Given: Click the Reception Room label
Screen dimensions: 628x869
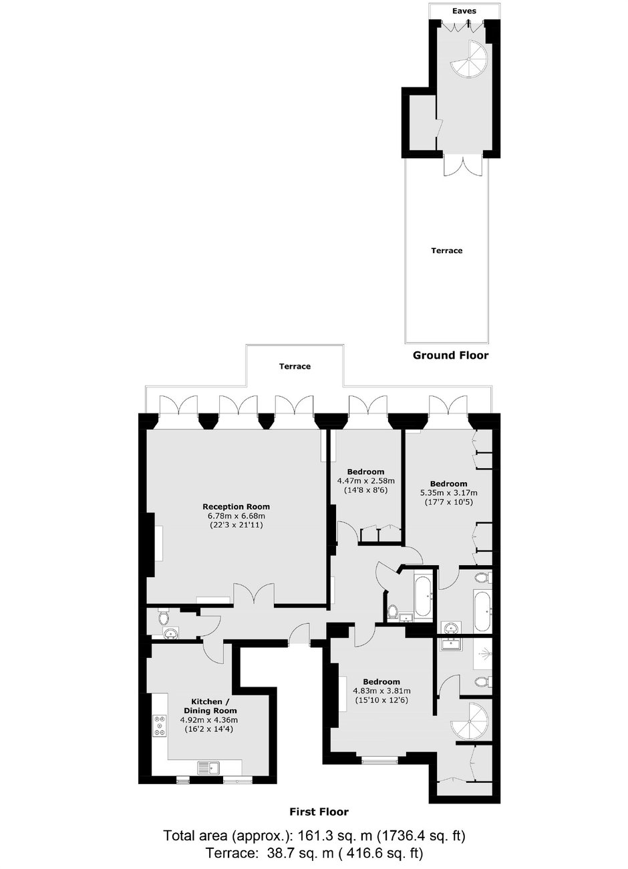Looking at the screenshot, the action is coord(236,507).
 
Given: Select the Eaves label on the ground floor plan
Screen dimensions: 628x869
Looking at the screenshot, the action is coord(464,11).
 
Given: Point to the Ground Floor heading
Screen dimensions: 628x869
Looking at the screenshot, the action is coord(450,355).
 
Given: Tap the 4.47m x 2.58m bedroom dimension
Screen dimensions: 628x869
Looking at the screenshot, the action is coord(365,481).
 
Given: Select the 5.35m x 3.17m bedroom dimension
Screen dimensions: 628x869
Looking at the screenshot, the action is coord(448,493).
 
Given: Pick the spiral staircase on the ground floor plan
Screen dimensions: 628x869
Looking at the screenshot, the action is coord(469,58).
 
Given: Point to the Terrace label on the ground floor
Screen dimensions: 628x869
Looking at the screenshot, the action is coord(447,250).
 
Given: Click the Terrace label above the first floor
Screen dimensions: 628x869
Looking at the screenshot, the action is coord(295,366).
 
